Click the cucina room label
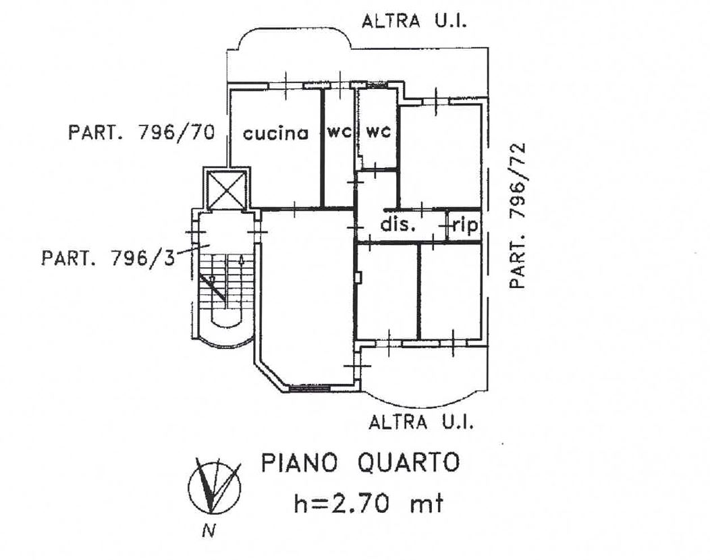[x=276, y=133]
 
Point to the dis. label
[x=398, y=224]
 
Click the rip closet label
[x=465, y=225]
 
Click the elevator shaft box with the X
[x=225, y=189]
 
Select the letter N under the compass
[x=209, y=530]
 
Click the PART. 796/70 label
[x=141, y=133]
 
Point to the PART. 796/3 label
[x=108, y=258]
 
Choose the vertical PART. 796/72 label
[x=517, y=216]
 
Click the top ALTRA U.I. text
[x=414, y=21]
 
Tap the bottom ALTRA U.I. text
[x=422, y=422]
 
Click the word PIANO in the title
[x=300, y=463]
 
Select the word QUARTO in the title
[x=409, y=463]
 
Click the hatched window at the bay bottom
[x=310, y=388]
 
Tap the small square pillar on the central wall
[x=359, y=277]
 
